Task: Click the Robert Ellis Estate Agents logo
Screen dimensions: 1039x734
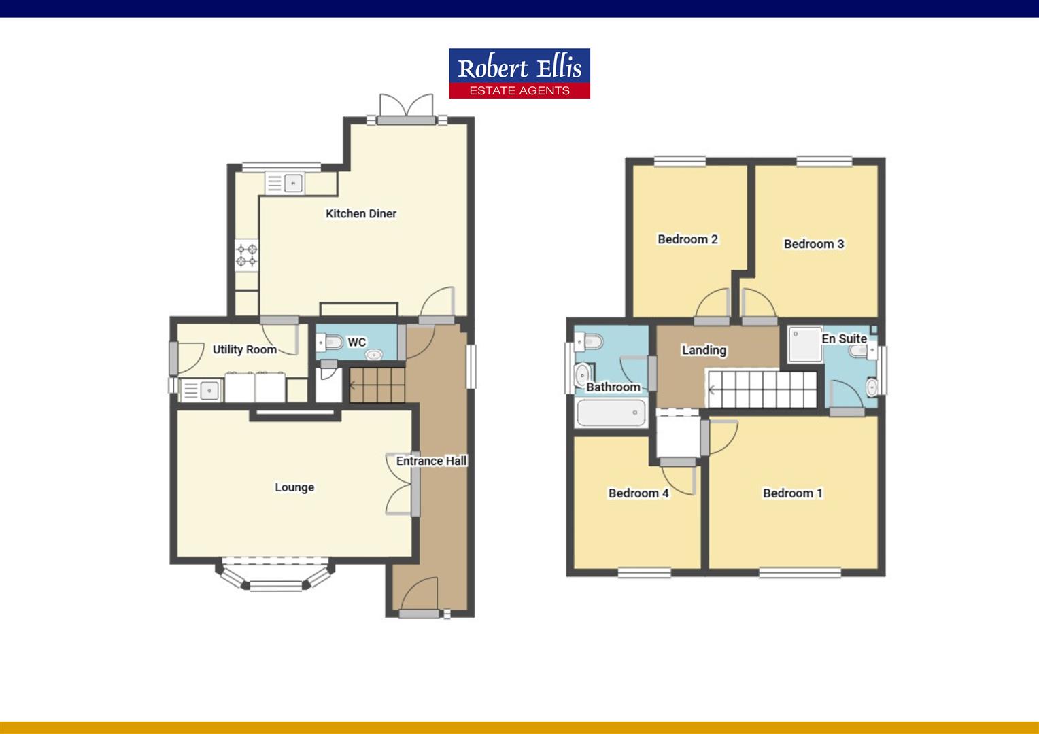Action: coord(519,73)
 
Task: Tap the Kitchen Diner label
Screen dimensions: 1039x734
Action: coord(361,214)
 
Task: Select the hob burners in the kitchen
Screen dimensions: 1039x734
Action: coord(246,256)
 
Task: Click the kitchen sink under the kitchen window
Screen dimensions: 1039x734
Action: coord(285,183)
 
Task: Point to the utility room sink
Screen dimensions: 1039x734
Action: coord(201,390)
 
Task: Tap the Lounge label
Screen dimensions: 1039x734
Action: coord(294,487)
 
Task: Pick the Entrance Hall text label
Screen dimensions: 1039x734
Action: coord(431,461)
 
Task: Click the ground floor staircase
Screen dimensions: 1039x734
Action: coord(377,385)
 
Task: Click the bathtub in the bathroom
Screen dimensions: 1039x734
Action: coord(611,413)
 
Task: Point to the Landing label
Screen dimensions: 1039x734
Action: coord(704,350)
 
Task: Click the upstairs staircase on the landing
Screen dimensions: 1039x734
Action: coord(762,389)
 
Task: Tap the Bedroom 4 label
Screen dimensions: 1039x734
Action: coord(638,493)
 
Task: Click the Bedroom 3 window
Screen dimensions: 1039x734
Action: coord(824,161)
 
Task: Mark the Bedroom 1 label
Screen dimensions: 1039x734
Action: coord(793,493)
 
